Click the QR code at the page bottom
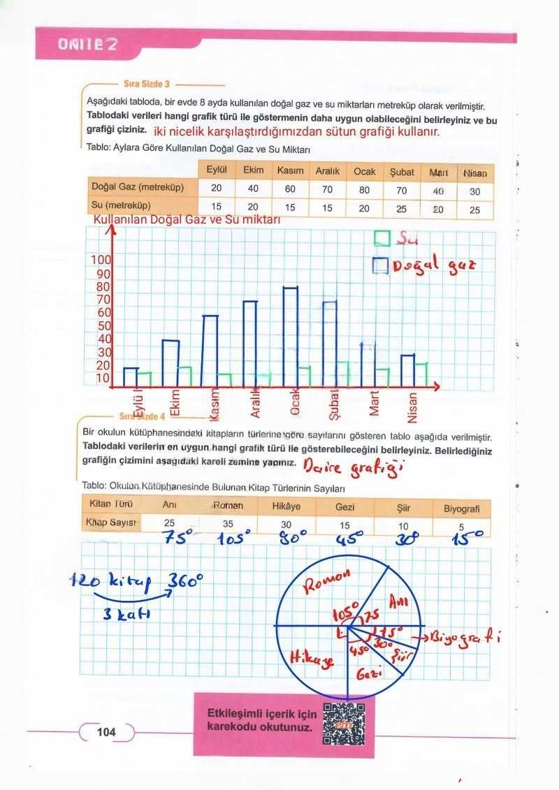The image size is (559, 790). click(344, 722)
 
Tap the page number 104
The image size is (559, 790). click(106, 732)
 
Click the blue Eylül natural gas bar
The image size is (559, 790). click(130, 376)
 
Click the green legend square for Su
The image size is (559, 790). click(382, 239)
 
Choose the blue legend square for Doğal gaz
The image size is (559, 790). click(380, 265)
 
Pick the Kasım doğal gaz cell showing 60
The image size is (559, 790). click(289, 189)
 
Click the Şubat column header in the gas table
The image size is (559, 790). click(402, 172)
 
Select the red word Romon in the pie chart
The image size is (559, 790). click(328, 581)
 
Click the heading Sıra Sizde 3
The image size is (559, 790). click(147, 84)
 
